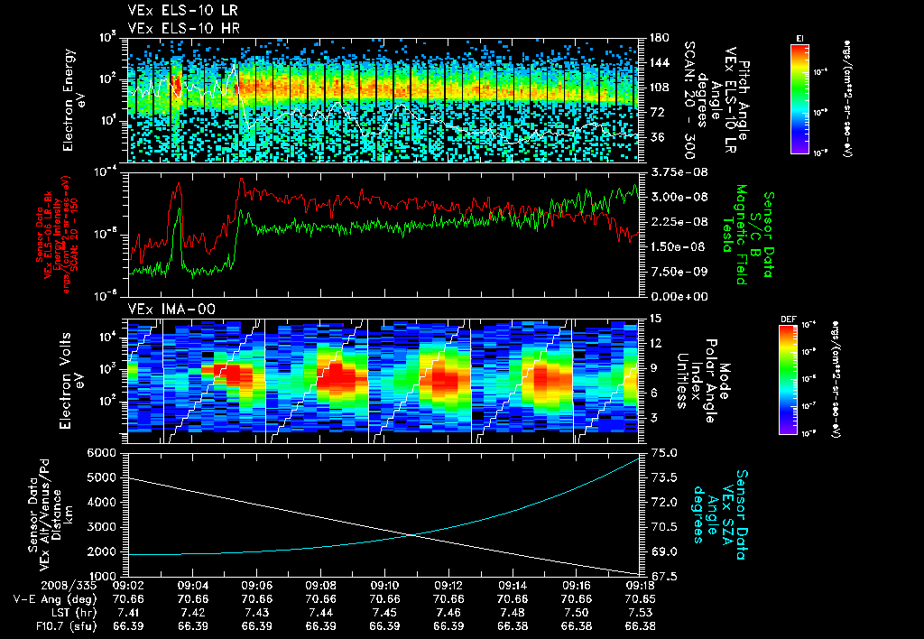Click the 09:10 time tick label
click(x=384, y=585)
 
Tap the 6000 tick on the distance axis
click(x=107, y=452)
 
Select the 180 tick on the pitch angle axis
click(x=658, y=38)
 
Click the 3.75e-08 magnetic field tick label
click(x=672, y=171)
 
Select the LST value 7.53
click(x=639, y=612)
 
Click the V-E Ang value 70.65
click(x=639, y=598)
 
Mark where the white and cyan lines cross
click(x=411, y=534)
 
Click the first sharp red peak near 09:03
click(x=179, y=183)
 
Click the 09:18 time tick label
click(x=639, y=585)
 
